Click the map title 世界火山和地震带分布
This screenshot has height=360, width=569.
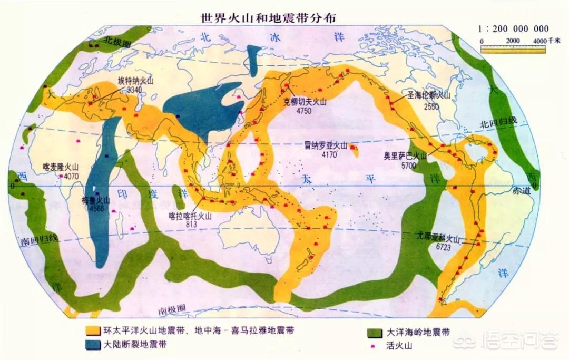pyautogui.click(x=268, y=17)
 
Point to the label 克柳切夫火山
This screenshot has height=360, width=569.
pyautogui.click(x=304, y=103)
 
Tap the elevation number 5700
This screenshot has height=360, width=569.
pyautogui.click(x=408, y=165)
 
